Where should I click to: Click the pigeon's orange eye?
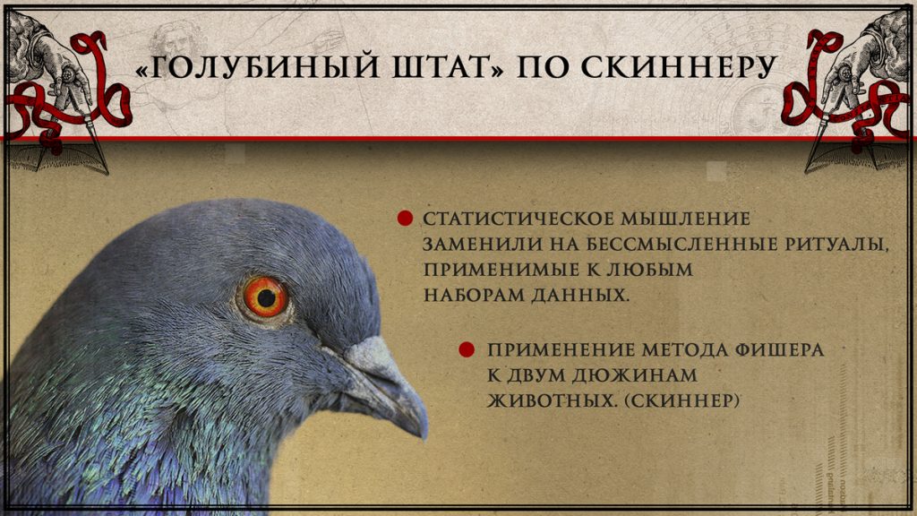tap(265, 297)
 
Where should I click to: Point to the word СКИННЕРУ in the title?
tap(679, 66)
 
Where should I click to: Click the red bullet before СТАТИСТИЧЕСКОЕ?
tap(405, 219)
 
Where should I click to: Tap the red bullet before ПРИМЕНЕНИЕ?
tap(466, 349)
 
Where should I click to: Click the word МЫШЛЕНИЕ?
tap(685, 219)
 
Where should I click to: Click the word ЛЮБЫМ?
tap(650, 270)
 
